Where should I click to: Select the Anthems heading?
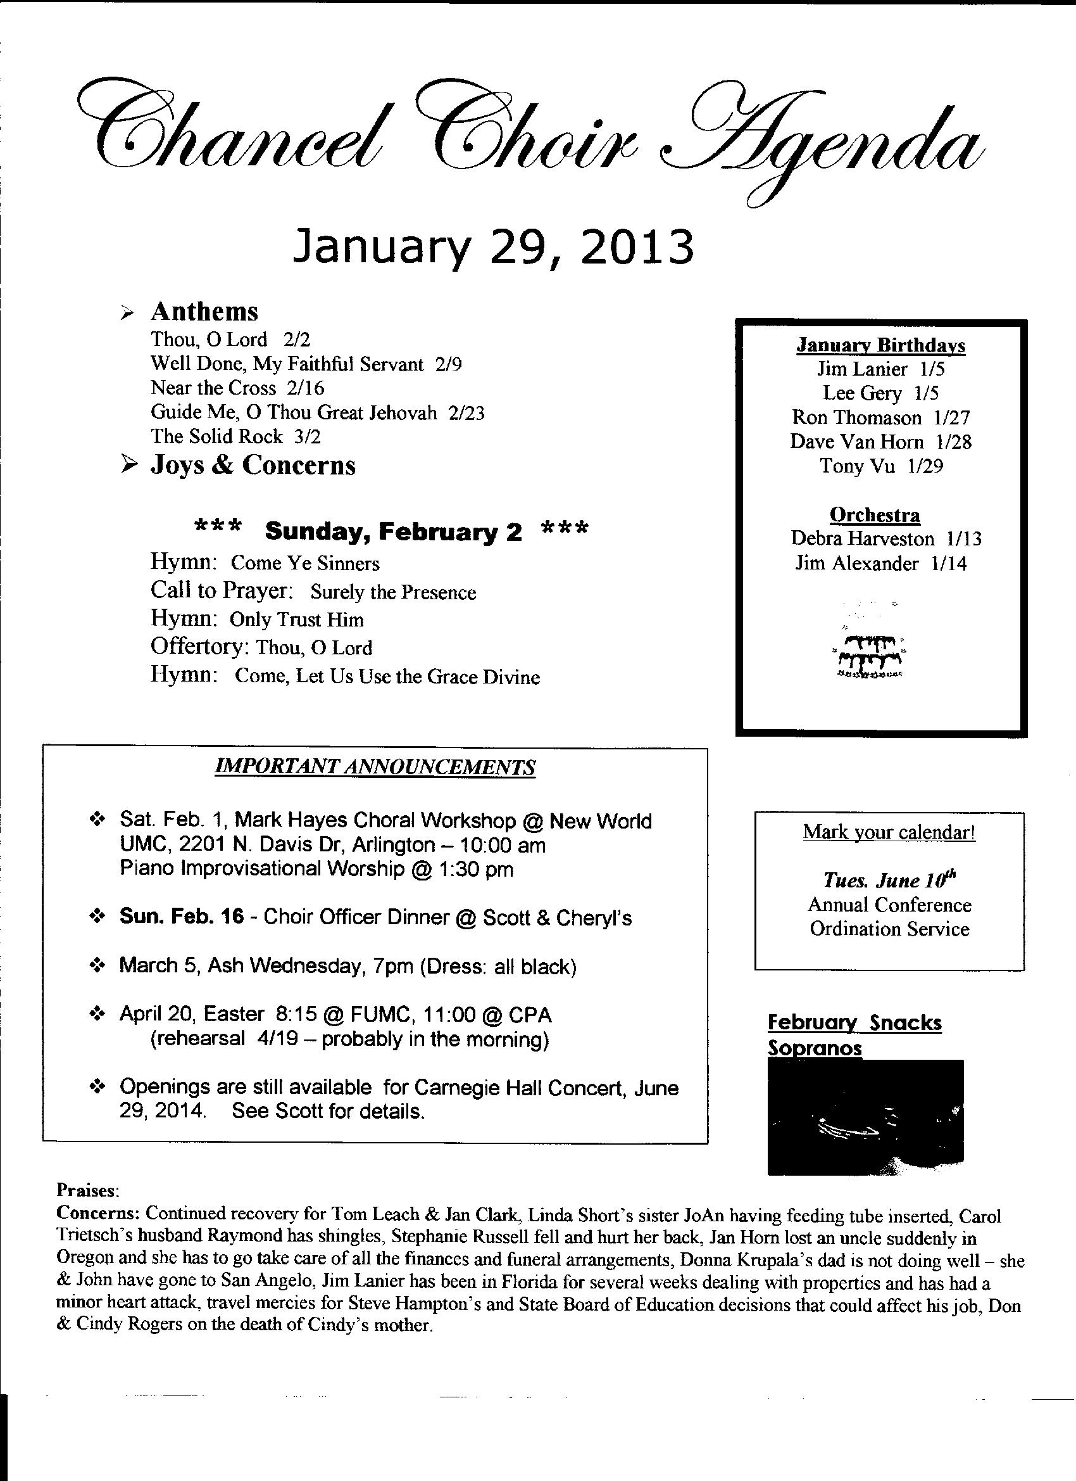click(x=204, y=312)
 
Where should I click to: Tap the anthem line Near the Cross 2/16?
click(x=237, y=388)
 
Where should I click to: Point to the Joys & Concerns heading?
click(x=253, y=465)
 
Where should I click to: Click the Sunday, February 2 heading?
click(x=393, y=532)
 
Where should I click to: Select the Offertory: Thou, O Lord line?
click(x=261, y=647)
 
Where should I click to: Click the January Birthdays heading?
click(x=880, y=345)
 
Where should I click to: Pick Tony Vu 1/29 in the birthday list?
click(x=881, y=466)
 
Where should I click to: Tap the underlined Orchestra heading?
click(x=874, y=514)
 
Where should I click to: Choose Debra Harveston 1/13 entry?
click(x=885, y=538)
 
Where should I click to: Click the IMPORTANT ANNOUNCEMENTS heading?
click(x=375, y=766)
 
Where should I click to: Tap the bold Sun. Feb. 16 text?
click(x=182, y=917)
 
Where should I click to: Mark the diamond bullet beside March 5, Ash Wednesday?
click(x=97, y=966)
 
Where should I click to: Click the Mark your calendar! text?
click(x=889, y=832)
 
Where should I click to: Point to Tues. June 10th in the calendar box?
click(x=889, y=880)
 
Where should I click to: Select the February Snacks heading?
click(x=854, y=1022)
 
